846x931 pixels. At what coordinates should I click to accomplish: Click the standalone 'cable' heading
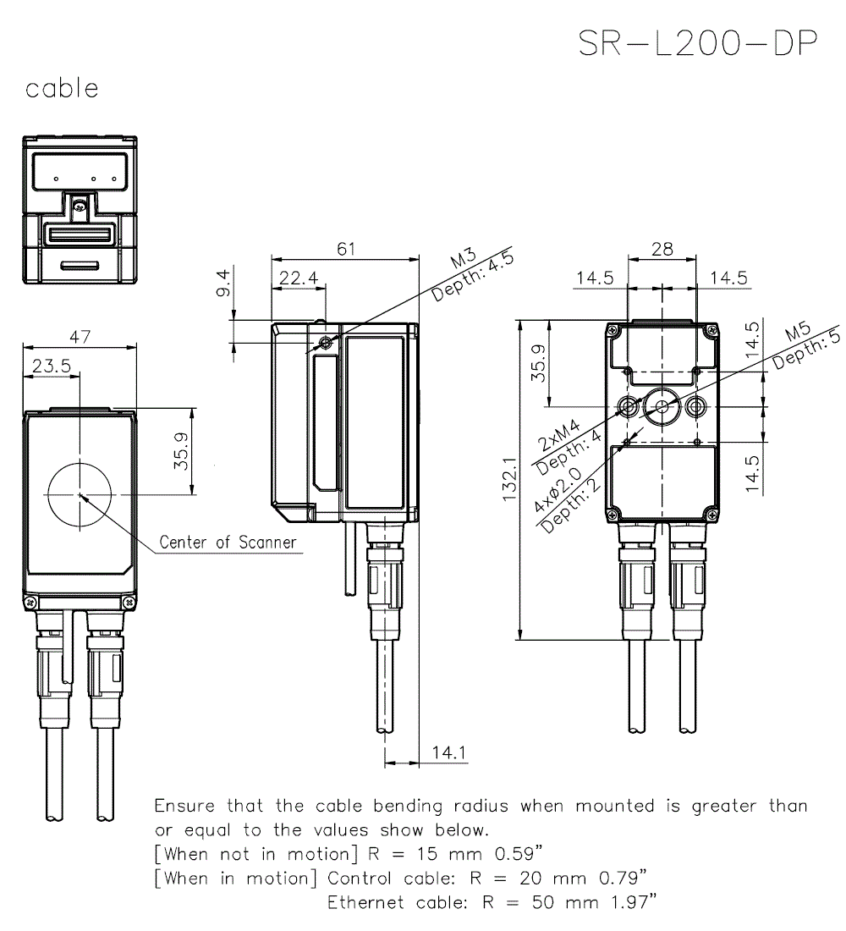[x=62, y=88]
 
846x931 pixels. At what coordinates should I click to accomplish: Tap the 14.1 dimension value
[x=449, y=752]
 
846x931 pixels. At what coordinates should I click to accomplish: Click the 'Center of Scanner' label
[x=228, y=543]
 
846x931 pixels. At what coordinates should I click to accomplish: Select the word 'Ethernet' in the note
[x=365, y=902]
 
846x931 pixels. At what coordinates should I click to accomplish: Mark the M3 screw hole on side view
[x=327, y=344]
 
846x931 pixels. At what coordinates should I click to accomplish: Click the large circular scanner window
[x=79, y=494]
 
